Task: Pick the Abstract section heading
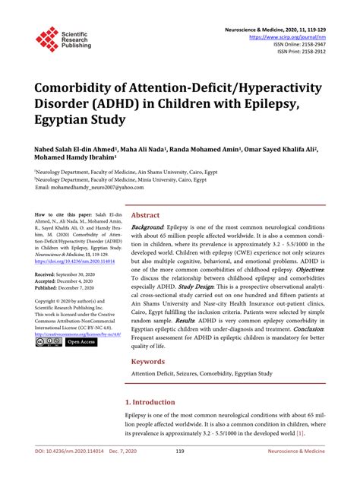click(x=145, y=215)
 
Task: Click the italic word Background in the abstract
click(x=147, y=227)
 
